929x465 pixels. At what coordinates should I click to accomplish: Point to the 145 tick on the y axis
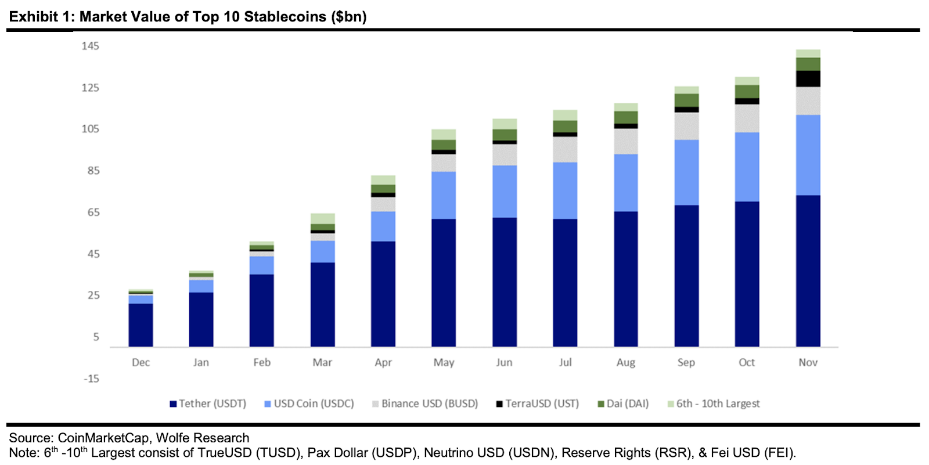(x=91, y=46)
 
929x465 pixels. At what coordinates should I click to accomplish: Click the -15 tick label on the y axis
(x=91, y=379)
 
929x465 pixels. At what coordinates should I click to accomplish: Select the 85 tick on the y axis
(x=93, y=171)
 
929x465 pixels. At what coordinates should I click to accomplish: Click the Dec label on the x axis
(x=141, y=362)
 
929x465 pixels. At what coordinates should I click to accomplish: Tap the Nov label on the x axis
(x=808, y=362)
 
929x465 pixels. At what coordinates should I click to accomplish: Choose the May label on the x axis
(x=444, y=362)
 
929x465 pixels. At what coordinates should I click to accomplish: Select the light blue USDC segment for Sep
(x=686, y=172)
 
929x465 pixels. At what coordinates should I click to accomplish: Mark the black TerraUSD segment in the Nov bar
(x=808, y=79)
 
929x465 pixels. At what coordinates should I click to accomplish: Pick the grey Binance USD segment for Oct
(x=747, y=118)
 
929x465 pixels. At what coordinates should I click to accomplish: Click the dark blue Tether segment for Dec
(x=141, y=325)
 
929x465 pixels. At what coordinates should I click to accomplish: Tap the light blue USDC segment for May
(x=444, y=195)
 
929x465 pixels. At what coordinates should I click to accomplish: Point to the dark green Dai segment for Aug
(x=626, y=117)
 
